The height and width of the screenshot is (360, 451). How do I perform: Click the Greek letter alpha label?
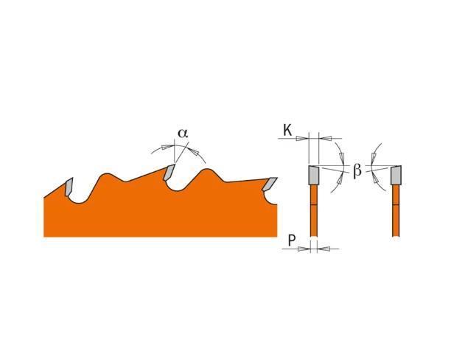coord(183,133)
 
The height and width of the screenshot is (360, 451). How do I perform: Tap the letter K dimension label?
coord(287,130)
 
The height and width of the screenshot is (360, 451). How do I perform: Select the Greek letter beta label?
coord(357,171)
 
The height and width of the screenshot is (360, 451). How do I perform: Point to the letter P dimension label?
coord(292,240)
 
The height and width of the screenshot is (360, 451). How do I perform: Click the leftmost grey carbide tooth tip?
coord(69,187)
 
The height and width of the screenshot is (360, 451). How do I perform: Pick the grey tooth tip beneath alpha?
coord(169,172)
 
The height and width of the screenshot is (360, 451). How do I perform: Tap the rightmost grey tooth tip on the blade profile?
coord(270,184)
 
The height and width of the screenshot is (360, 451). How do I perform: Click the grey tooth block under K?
coord(314,175)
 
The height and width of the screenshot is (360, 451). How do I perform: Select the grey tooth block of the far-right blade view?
coord(396,175)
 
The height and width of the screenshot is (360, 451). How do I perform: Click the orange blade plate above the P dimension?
coord(314,210)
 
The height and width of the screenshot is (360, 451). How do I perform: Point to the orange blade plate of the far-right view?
coord(396,210)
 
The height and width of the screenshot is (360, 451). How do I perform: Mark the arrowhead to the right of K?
coord(325,139)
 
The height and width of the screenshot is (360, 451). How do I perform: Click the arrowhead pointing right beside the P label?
coord(304,249)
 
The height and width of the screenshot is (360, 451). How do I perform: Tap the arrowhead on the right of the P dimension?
coord(324,249)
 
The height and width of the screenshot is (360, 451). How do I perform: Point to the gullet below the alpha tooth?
coord(178,187)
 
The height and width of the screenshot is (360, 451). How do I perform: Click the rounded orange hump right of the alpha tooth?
coord(206,173)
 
